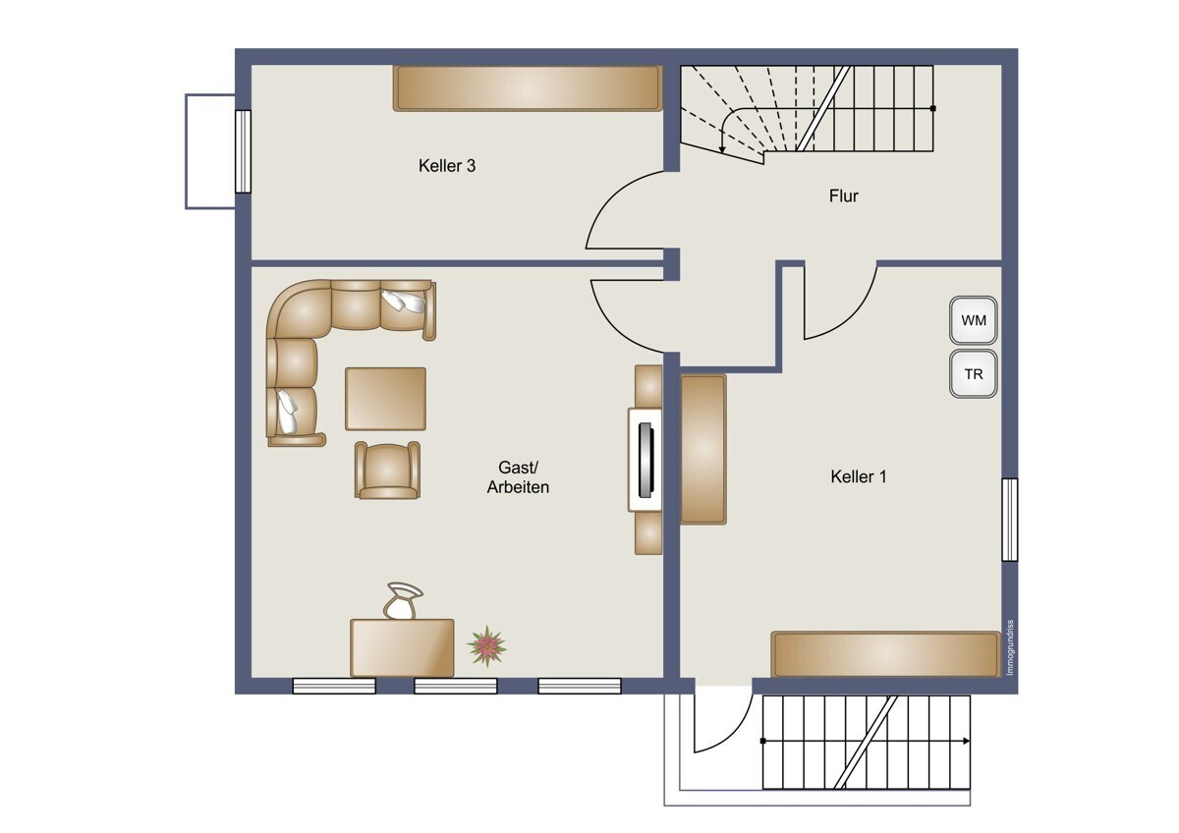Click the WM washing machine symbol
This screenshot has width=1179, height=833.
(974, 320)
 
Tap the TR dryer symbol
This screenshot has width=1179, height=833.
(974, 373)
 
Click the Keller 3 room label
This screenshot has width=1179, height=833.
(447, 166)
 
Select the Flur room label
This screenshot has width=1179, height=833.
(843, 195)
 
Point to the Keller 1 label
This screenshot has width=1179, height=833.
(859, 476)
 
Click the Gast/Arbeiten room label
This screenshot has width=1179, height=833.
(518, 477)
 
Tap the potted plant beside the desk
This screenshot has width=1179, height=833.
(487, 645)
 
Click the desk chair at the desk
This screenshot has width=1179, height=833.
(403, 601)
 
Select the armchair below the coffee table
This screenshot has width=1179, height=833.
(387, 470)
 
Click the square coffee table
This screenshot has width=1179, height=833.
(385, 399)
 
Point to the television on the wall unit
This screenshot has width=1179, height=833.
(646, 460)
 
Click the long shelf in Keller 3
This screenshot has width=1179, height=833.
(528, 88)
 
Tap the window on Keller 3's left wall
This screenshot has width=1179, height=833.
(243, 151)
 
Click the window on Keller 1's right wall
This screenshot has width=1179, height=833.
(1010, 520)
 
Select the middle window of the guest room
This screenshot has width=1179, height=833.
(456, 687)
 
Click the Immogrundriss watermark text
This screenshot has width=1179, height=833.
(1010, 647)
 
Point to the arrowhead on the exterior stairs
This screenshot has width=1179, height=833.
(967, 741)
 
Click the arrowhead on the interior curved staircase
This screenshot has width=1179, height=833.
(723, 150)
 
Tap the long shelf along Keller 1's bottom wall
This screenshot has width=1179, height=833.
(885, 654)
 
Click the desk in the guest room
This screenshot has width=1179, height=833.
(402, 647)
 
